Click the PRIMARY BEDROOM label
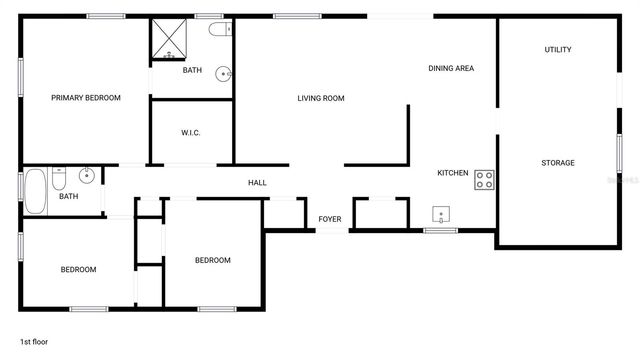[x=86, y=98]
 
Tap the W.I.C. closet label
[x=192, y=133]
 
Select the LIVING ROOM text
[x=320, y=98]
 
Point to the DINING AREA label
[x=450, y=68]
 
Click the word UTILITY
[x=558, y=50]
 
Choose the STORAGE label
[x=558, y=163]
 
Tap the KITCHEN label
[x=452, y=173]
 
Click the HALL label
[x=257, y=183]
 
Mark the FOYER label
[x=330, y=219]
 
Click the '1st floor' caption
[x=34, y=342]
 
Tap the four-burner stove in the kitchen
[x=485, y=180]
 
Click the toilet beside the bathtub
[x=60, y=180]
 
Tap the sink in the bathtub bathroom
[x=88, y=176]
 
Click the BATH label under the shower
[x=192, y=70]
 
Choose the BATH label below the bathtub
[x=68, y=196]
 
